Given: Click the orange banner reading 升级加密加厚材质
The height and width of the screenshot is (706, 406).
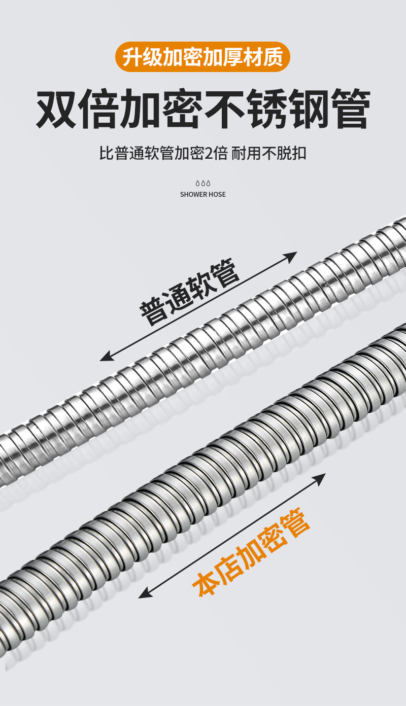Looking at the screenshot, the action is pyautogui.click(x=203, y=57).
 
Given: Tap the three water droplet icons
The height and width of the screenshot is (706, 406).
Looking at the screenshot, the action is pyautogui.click(x=203, y=183).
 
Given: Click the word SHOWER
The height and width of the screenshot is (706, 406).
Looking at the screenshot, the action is pyautogui.click(x=192, y=194).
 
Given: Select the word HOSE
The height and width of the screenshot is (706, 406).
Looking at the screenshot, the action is pyautogui.click(x=217, y=194).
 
